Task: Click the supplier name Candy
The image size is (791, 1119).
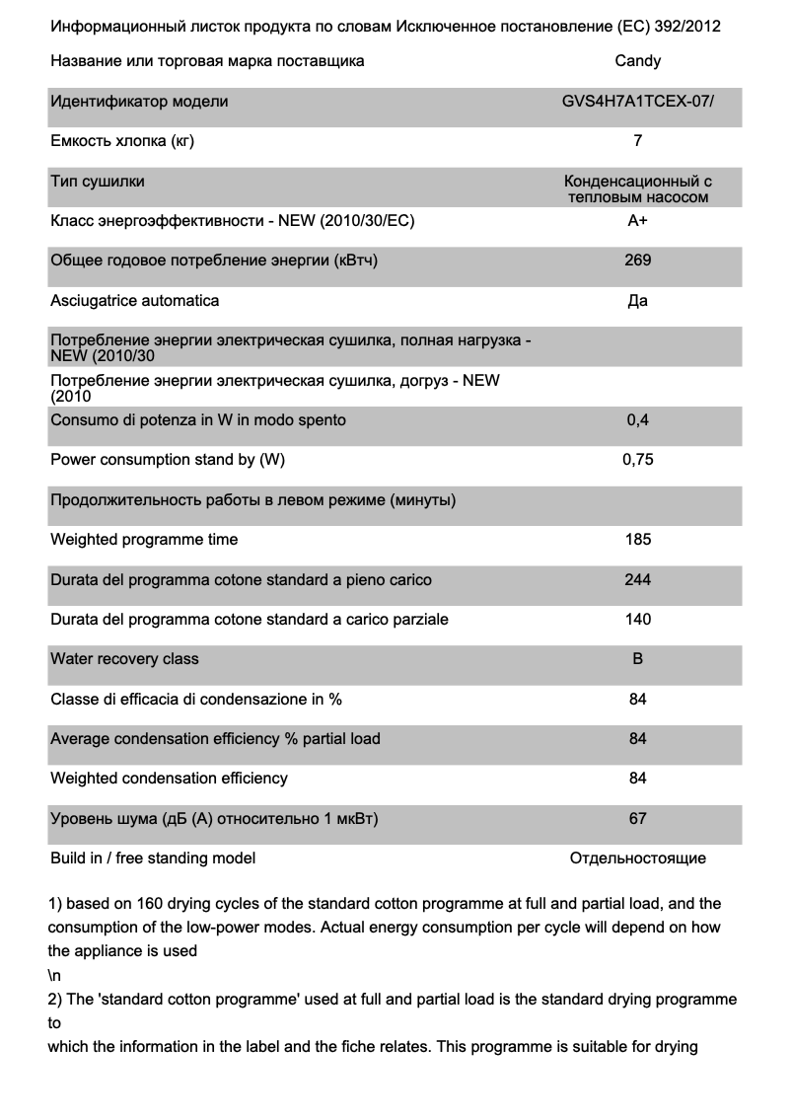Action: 637,61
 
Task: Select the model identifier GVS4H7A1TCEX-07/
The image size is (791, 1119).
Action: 637,102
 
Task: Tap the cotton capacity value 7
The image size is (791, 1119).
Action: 637,141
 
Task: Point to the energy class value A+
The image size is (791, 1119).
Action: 637,221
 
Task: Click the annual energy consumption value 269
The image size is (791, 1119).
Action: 637,261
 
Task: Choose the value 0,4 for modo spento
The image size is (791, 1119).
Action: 637,420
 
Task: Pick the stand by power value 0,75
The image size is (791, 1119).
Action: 637,460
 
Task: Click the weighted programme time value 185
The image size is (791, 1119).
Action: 637,540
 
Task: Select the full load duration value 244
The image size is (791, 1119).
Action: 637,579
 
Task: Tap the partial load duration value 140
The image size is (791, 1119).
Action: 637,620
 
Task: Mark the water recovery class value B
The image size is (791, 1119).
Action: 637,659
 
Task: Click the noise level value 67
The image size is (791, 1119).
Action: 637,819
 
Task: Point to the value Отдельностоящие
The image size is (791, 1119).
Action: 637,858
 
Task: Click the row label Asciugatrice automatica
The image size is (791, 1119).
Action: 135,300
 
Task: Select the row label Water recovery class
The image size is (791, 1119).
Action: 124,659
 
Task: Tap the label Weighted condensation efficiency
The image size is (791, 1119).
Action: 169,779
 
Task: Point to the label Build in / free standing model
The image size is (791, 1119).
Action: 153,858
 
